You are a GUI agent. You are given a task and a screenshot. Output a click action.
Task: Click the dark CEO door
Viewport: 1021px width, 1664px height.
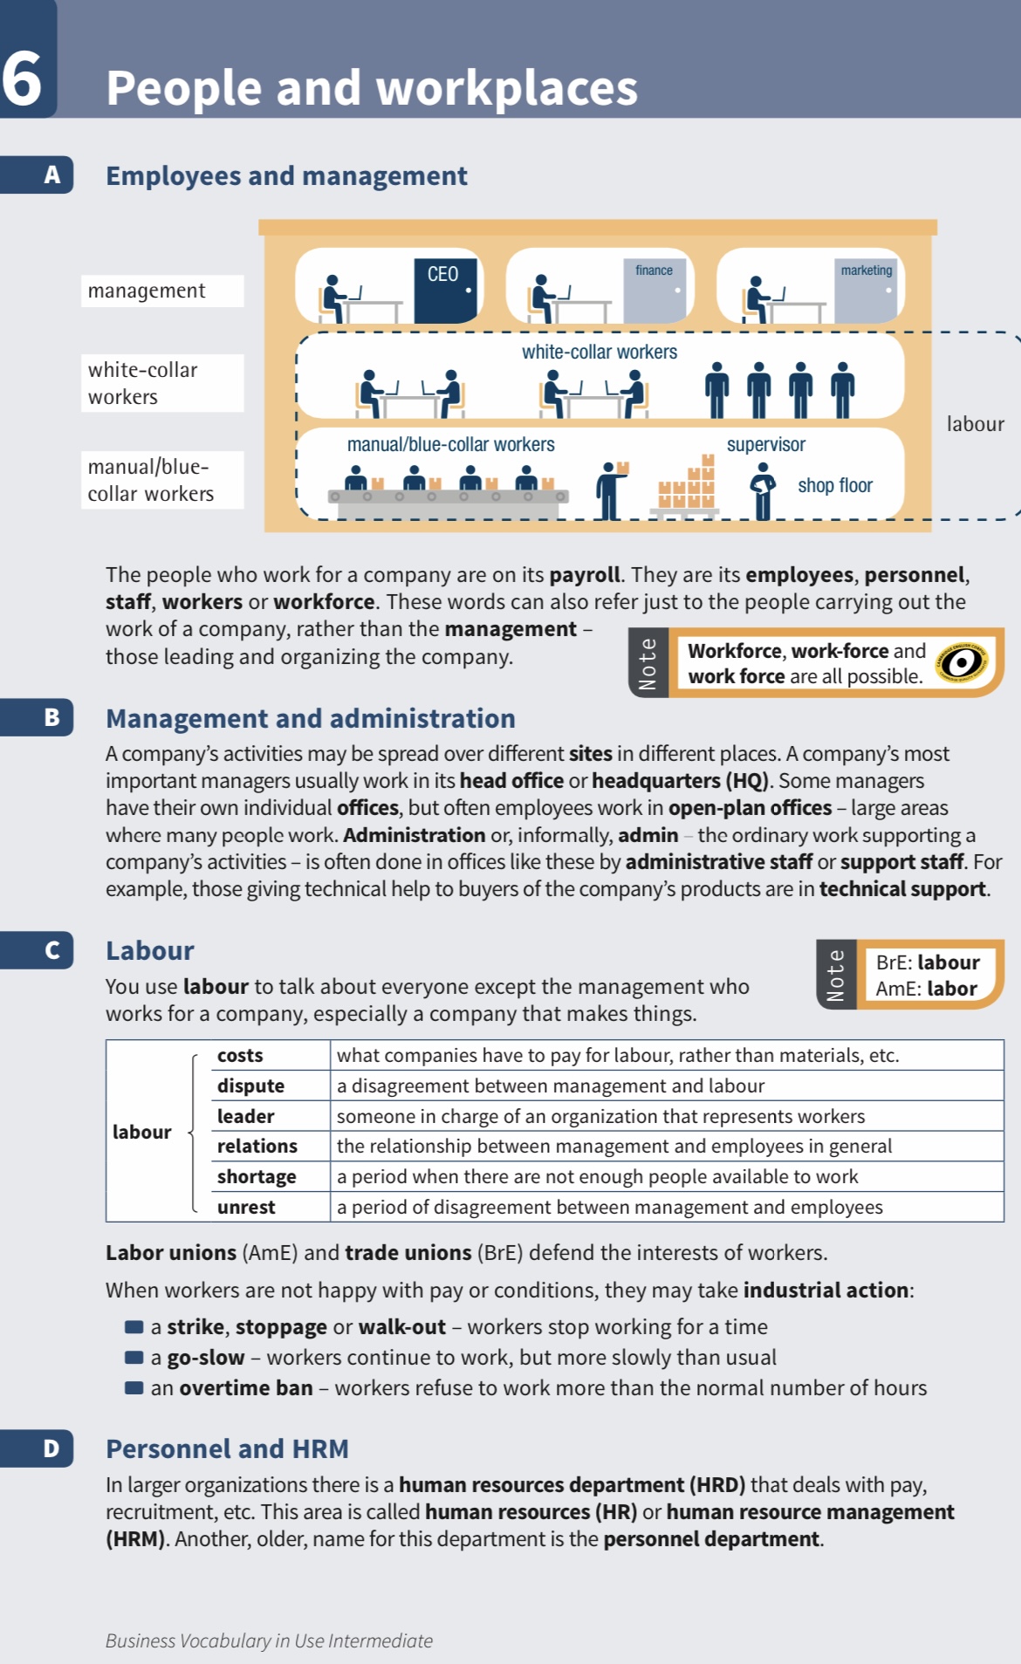(447, 291)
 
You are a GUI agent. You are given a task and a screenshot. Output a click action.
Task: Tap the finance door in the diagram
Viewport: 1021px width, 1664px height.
(654, 291)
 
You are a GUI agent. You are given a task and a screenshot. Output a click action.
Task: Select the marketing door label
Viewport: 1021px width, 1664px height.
(866, 270)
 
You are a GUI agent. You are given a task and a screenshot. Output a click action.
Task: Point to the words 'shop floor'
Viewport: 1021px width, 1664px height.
(834, 486)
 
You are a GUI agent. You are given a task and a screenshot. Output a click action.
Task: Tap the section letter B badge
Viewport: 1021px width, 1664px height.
(51, 717)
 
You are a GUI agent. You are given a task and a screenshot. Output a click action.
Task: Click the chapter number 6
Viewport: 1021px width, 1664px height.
(22, 79)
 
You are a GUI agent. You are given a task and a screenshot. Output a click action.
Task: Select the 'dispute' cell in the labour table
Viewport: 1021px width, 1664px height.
(250, 1085)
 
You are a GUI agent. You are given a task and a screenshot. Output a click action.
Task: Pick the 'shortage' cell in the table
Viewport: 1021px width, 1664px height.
(257, 1176)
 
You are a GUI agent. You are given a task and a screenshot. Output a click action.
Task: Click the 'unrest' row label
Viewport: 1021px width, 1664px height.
(246, 1207)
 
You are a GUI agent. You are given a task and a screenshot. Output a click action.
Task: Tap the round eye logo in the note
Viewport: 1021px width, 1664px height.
(962, 663)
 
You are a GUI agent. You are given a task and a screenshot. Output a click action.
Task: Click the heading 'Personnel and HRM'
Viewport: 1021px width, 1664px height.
(227, 1448)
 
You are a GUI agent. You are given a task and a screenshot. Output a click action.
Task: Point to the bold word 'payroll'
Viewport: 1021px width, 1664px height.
(584, 574)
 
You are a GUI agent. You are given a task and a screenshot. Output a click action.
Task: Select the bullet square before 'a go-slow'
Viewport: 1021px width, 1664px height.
(134, 1357)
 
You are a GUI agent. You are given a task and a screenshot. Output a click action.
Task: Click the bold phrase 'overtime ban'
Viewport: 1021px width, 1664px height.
(245, 1387)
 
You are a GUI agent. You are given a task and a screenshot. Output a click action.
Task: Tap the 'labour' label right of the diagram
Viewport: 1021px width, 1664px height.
(975, 424)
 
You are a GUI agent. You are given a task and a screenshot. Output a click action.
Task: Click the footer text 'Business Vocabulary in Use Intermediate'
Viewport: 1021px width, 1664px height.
(269, 1640)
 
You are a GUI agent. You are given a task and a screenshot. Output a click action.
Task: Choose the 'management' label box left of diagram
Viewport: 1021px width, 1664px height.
(162, 291)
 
